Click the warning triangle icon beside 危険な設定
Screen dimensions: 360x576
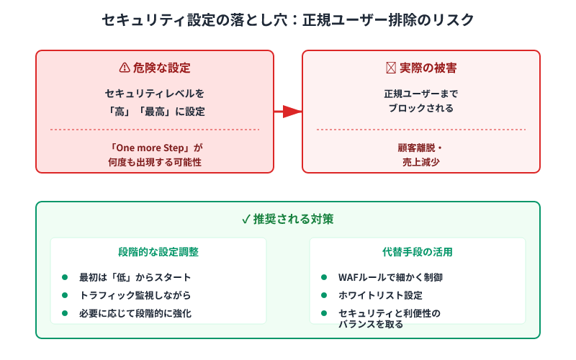pyautogui.click(x=124, y=68)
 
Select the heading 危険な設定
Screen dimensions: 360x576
pyautogui.click(x=161, y=68)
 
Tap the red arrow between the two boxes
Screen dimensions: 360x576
pyautogui.click(x=287, y=112)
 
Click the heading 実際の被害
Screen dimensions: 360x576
pyautogui.click(x=428, y=68)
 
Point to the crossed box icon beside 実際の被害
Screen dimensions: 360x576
pyautogui.click(x=391, y=68)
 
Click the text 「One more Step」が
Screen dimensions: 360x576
pyautogui.click(x=154, y=148)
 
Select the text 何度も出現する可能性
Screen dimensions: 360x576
pyautogui.click(x=154, y=163)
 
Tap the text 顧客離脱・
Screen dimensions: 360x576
pyautogui.click(x=421, y=148)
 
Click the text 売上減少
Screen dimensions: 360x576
pyautogui.click(x=421, y=163)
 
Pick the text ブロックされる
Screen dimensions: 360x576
pyautogui.click(x=421, y=109)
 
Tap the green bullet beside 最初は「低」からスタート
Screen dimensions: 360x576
pyautogui.click(x=64, y=277)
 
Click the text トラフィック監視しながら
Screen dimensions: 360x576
pyautogui.click(x=130, y=295)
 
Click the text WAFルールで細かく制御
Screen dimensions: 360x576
pyautogui.click(x=390, y=277)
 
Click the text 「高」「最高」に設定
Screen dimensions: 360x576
pyautogui.click(x=154, y=112)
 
